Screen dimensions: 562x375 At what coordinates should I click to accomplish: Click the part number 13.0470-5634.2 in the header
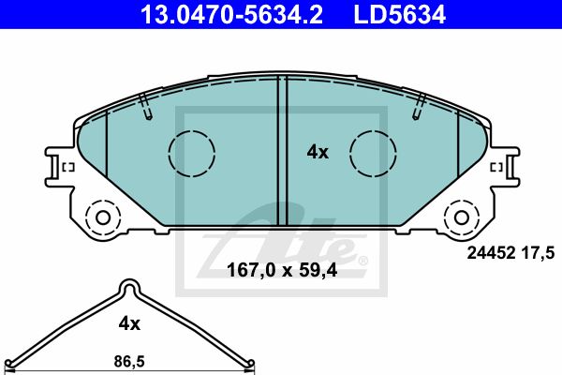(x=231, y=15)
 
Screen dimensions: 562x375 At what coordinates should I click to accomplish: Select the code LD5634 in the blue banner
(x=399, y=15)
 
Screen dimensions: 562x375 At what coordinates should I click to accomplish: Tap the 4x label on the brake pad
(x=318, y=153)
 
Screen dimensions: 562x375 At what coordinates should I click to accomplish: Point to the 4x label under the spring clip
(x=129, y=324)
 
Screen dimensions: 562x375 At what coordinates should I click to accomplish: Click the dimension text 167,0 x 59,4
(x=282, y=270)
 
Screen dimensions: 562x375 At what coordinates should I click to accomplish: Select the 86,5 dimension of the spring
(x=129, y=361)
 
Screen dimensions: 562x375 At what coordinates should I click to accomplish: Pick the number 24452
(x=491, y=253)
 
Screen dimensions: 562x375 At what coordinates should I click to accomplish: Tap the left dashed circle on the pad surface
(x=192, y=153)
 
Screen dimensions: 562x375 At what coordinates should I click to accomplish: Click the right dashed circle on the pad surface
(x=373, y=153)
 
